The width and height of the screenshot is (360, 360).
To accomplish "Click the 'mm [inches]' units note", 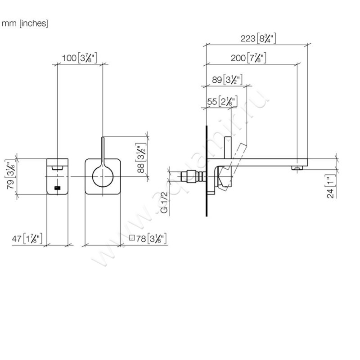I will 25,23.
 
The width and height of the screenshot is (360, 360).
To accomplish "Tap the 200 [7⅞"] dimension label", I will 247,58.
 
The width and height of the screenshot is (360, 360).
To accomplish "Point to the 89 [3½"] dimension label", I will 227,80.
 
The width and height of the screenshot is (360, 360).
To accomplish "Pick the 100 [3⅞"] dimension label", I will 80,58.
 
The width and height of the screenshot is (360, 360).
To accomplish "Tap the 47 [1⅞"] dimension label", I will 27,239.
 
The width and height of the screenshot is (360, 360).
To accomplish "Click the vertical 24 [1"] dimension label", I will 331,187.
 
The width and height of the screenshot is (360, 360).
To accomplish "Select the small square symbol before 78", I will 132,238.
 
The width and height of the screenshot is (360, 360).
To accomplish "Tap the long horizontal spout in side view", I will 261,162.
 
